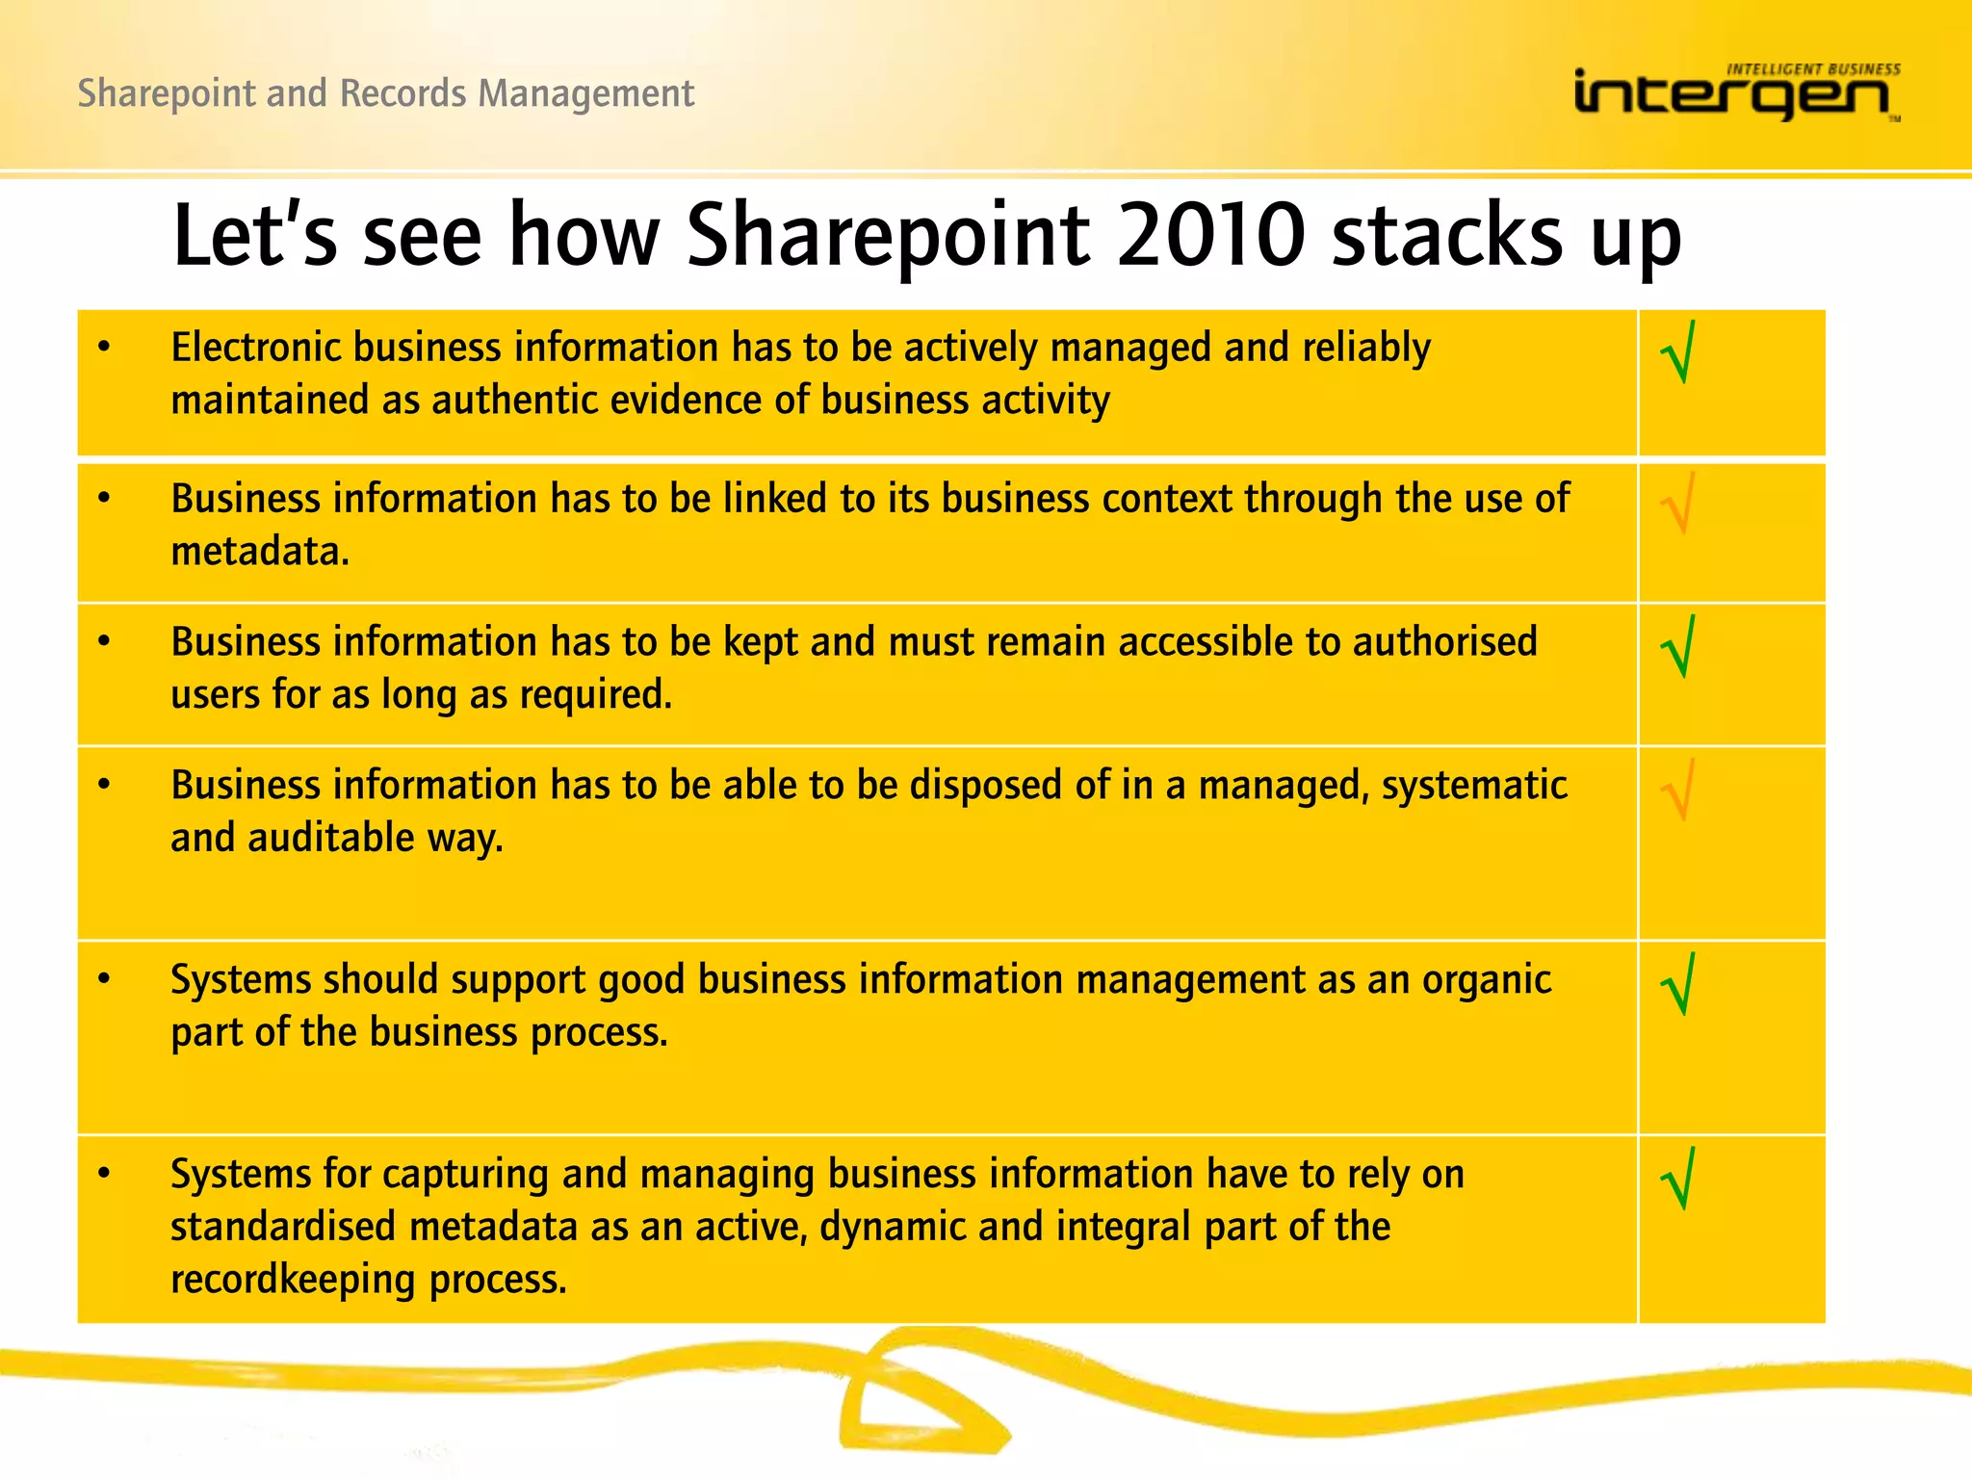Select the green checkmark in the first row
[x=1678, y=353]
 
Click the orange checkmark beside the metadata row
[x=1678, y=504]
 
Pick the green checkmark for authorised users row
[x=1678, y=647]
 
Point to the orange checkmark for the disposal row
[x=1678, y=791]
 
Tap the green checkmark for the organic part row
[x=1678, y=985]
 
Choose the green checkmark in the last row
[x=1678, y=1180]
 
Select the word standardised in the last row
[x=284, y=1227]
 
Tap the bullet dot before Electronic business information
[x=104, y=348]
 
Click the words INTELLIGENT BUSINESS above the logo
[x=1813, y=69]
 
